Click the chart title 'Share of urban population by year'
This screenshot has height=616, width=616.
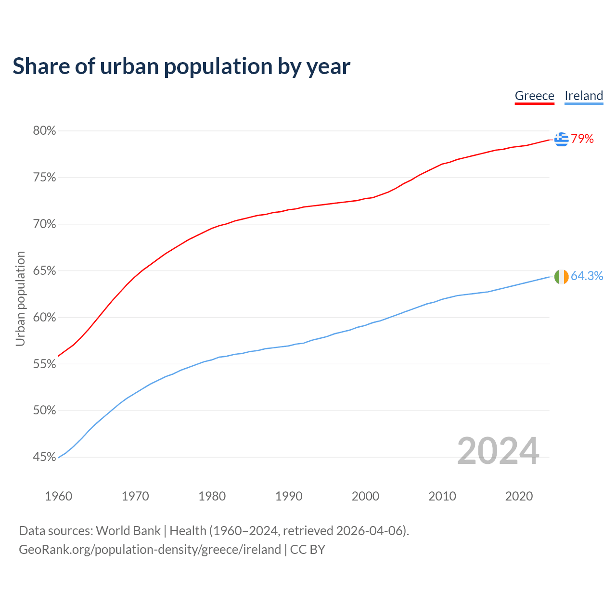181,66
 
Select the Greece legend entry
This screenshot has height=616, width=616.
534,96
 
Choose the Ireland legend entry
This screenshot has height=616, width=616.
584,96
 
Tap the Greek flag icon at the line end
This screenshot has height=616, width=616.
561,139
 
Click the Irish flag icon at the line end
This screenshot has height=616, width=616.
561,277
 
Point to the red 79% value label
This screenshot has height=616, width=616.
582,139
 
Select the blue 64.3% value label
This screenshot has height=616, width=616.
587,276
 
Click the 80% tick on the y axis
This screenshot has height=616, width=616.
44,131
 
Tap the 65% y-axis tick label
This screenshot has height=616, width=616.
44,271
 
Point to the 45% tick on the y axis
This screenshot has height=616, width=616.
44,457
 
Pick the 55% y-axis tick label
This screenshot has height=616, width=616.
44,364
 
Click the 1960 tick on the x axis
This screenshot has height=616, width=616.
59,496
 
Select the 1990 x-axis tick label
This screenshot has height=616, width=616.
289,496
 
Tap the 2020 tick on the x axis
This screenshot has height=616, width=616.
519,496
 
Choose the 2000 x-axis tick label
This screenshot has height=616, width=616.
365,496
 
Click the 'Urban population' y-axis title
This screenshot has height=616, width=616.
20,298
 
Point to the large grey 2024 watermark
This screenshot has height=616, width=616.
498,451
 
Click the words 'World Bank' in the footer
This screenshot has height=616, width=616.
128,531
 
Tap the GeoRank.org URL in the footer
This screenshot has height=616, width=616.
150,550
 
